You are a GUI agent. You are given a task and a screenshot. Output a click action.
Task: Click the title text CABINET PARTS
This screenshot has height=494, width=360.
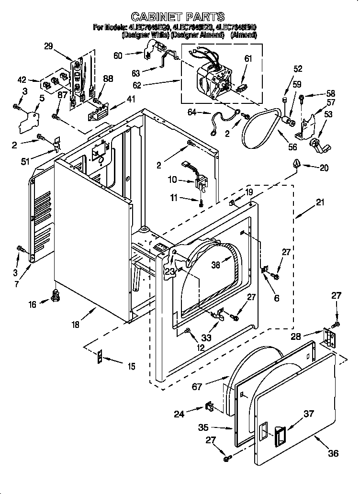point(178,17)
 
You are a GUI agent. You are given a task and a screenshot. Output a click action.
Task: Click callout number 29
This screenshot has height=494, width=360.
point(48,46)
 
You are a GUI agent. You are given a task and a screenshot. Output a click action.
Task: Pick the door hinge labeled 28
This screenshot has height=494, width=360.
point(330,338)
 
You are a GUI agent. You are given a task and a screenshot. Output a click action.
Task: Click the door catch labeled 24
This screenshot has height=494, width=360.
point(210,407)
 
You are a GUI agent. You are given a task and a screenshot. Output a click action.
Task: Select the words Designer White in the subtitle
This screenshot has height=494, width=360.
point(142,35)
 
